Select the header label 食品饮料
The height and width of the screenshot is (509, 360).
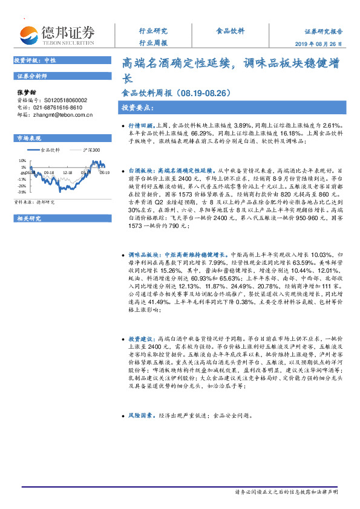click(230, 31)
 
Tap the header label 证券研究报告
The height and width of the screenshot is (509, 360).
click(323, 31)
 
